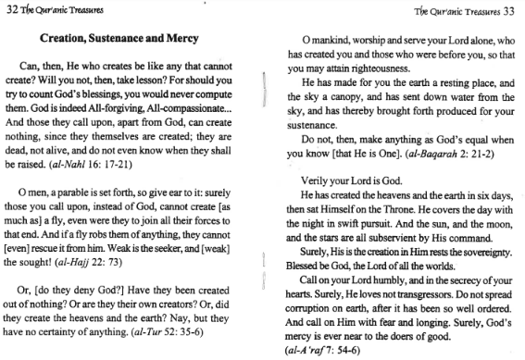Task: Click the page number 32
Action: [x=11, y=11]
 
